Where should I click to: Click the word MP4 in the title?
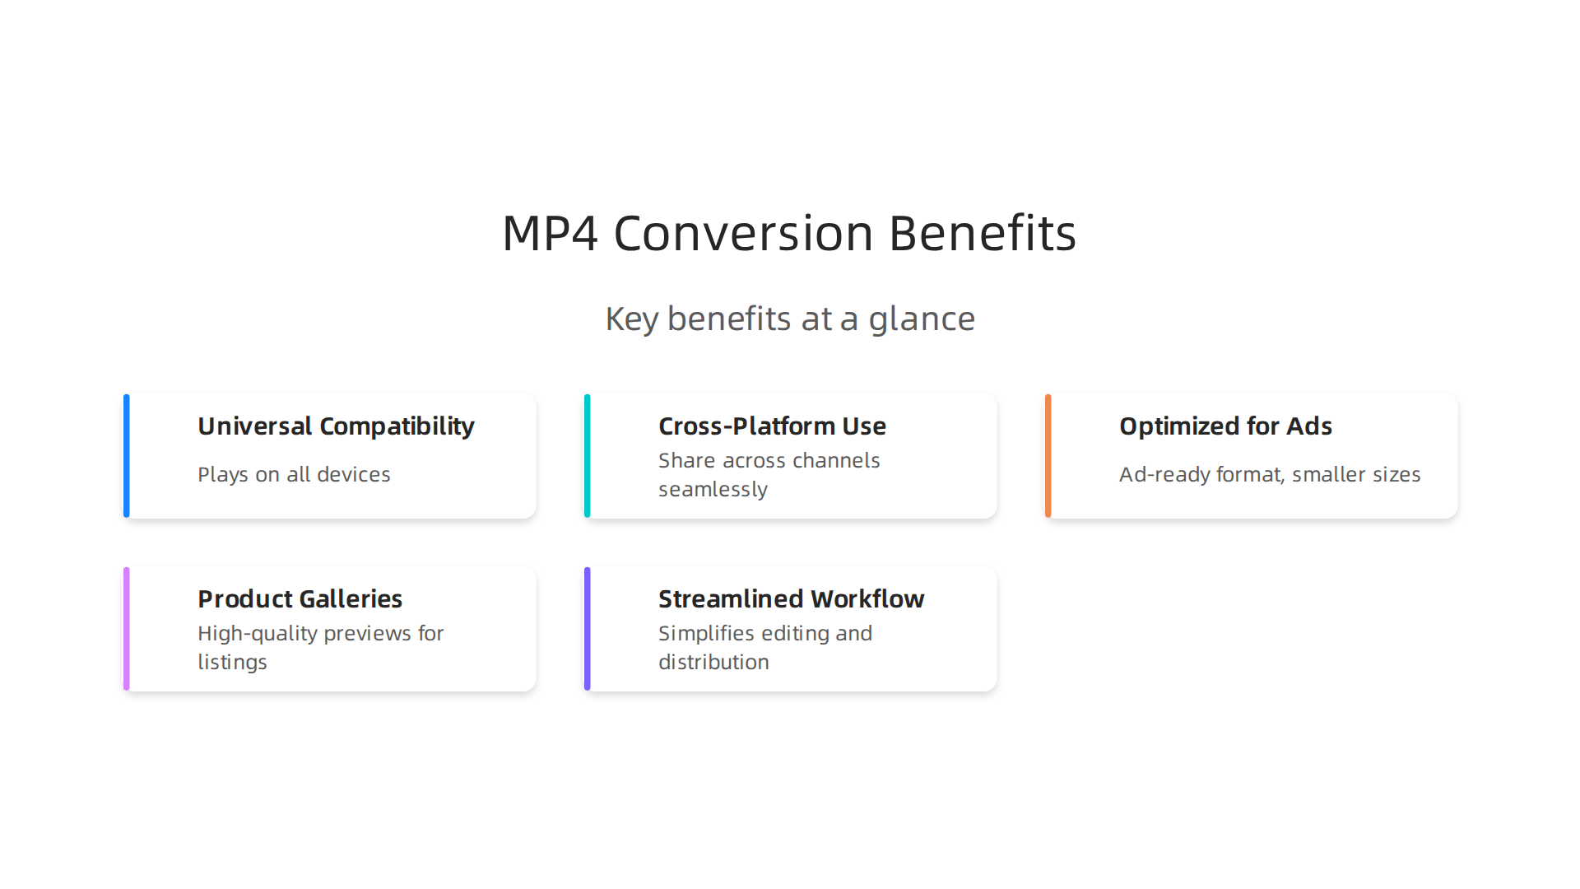tap(550, 233)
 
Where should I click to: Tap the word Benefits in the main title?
tap(983, 233)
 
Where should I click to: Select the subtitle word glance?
tap(922, 319)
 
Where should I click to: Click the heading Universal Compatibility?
tap(336, 426)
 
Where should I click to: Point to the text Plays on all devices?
tap(294, 475)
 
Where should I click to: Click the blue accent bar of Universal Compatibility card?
tap(127, 456)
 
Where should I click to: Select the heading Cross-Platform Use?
tap(772, 426)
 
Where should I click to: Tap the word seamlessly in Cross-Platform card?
tap(713, 490)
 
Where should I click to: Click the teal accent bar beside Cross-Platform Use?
tap(588, 456)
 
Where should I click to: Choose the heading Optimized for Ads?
tap(1225, 426)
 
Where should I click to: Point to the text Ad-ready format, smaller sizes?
tap(1270, 475)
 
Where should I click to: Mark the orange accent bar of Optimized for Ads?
tap(1048, 456)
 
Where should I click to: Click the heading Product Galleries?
tap(300, 599)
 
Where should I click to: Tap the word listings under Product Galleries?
tap(232, 663)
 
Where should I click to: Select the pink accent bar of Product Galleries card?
tap(127, 629)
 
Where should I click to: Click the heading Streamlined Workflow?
tap(791, 599)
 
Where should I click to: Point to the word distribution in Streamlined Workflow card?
tap(713, 663)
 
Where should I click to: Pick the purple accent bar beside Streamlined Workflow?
tap(588, 629)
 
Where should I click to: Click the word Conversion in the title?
tap(743, 233)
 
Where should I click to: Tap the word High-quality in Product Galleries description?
tap(258, 634)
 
